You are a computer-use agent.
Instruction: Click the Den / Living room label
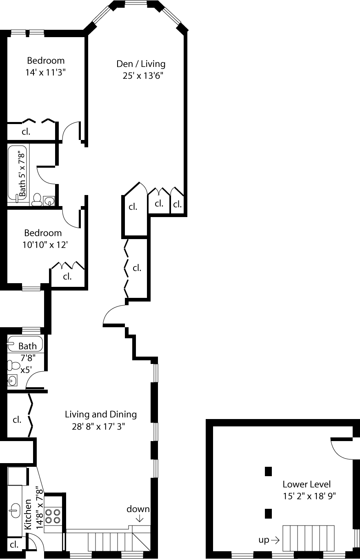141,64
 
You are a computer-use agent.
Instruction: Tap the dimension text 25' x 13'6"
143,75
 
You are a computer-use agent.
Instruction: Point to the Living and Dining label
101,415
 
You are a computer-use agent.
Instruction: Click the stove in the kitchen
53,516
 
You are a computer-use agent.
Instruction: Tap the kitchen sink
16,510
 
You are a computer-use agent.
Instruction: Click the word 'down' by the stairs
138,509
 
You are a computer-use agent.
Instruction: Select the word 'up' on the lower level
264,540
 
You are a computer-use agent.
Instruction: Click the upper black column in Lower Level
268,471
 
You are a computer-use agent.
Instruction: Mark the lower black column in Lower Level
268,514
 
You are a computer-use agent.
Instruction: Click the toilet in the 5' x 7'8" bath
36,199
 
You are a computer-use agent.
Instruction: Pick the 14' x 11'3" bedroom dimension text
46,72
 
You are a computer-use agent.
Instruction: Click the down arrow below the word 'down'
140,518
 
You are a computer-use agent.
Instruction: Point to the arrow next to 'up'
275,540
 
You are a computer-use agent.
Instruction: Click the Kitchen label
28,515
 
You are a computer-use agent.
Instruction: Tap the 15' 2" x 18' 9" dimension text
309,496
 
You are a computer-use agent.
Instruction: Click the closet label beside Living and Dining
17,419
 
